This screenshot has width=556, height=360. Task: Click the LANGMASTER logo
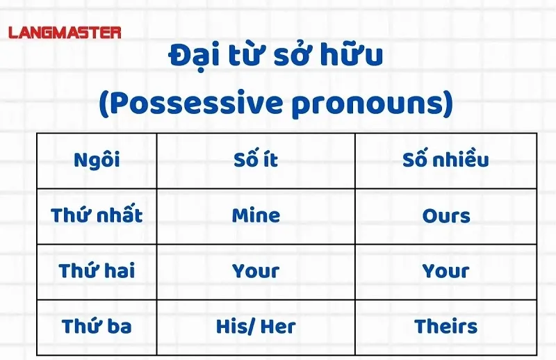pos(65,32)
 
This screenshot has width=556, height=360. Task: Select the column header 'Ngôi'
pos(97,160)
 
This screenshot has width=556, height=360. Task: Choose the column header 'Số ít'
pos(256,160)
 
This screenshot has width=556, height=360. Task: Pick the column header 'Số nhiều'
pos(445,160)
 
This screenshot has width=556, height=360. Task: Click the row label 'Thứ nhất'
pos(97,215)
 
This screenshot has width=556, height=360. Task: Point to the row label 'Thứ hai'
pos(97,271)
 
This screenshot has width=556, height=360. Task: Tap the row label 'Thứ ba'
pos(97,326)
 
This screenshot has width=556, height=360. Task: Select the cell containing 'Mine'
pos(256,215)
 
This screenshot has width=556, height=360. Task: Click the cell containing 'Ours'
pos(445,215)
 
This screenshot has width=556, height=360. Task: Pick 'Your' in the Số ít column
pos(256,271)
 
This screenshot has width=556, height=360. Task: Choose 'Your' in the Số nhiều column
pos(445,271)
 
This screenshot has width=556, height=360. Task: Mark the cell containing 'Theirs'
pos(445,326)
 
